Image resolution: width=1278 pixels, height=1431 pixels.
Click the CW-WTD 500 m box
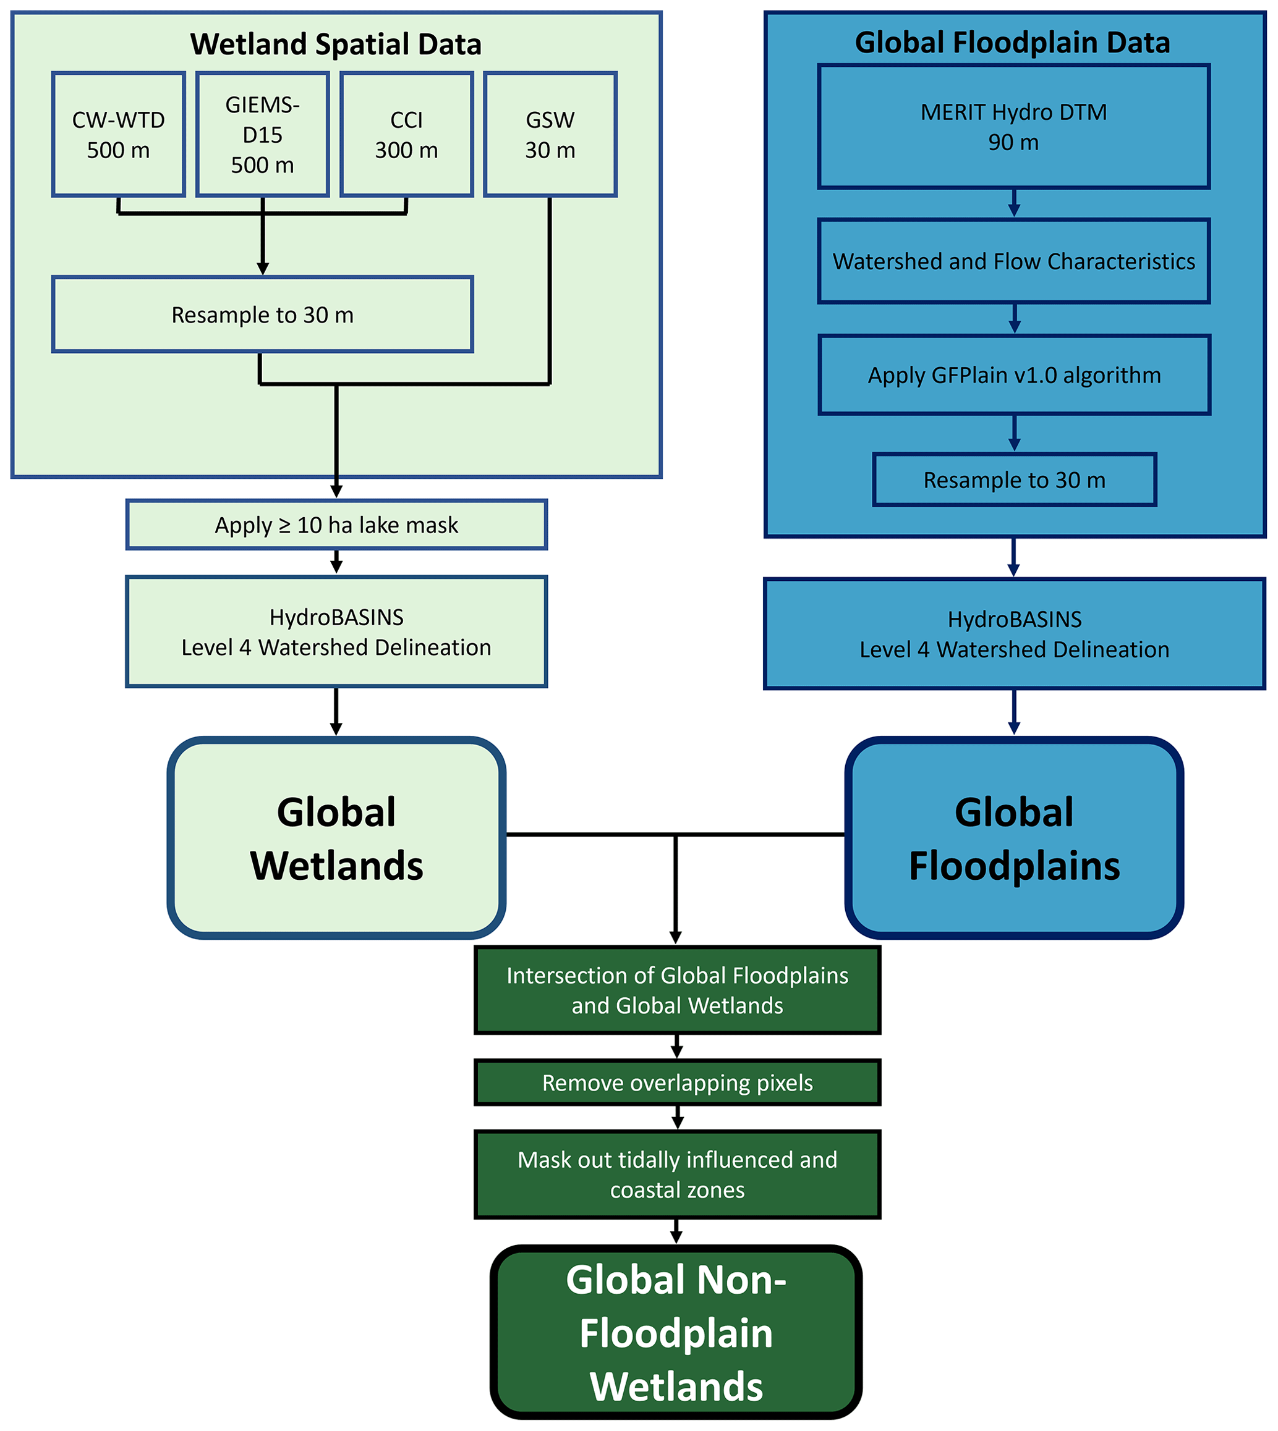click(119, 134)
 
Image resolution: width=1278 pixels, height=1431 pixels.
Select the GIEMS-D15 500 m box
click(263, 134)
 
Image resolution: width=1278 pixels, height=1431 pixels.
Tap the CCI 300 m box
click(407, 134)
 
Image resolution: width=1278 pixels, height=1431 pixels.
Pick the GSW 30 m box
click(550, 134)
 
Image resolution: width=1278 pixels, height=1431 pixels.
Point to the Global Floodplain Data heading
click(1013, 43)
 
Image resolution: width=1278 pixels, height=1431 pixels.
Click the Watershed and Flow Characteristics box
click(1013, 261)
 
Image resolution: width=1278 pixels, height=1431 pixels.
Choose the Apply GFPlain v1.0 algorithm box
click(1014, 376)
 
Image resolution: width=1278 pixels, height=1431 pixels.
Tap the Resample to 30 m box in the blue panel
click(1014, 480)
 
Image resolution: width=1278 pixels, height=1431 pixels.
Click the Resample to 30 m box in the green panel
click(263, 315)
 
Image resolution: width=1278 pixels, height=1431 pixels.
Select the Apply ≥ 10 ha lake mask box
click(336, 525)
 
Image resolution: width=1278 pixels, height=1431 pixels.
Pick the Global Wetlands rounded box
click(336, 838)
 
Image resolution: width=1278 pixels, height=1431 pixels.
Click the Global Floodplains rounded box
click(1014, 838)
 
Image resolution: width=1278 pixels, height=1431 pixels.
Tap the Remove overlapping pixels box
click(677, 1083)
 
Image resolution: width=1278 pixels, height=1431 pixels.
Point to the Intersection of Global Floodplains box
click(677, 990)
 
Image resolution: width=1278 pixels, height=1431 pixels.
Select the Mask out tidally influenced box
click(677, 1175)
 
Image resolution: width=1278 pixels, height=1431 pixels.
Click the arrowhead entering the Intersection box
click(676, 937)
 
